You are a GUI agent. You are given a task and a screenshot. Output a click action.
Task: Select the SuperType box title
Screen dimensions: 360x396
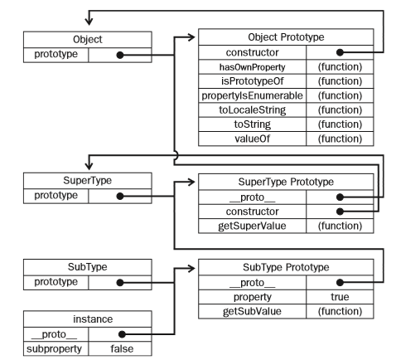tap(75, 180)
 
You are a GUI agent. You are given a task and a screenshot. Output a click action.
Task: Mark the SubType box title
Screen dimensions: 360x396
tap(75, 266)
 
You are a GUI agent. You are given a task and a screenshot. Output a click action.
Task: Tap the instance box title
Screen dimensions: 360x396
tap(75, 319)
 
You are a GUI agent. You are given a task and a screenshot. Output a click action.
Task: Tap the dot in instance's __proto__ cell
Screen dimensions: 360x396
tap(120, 335)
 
